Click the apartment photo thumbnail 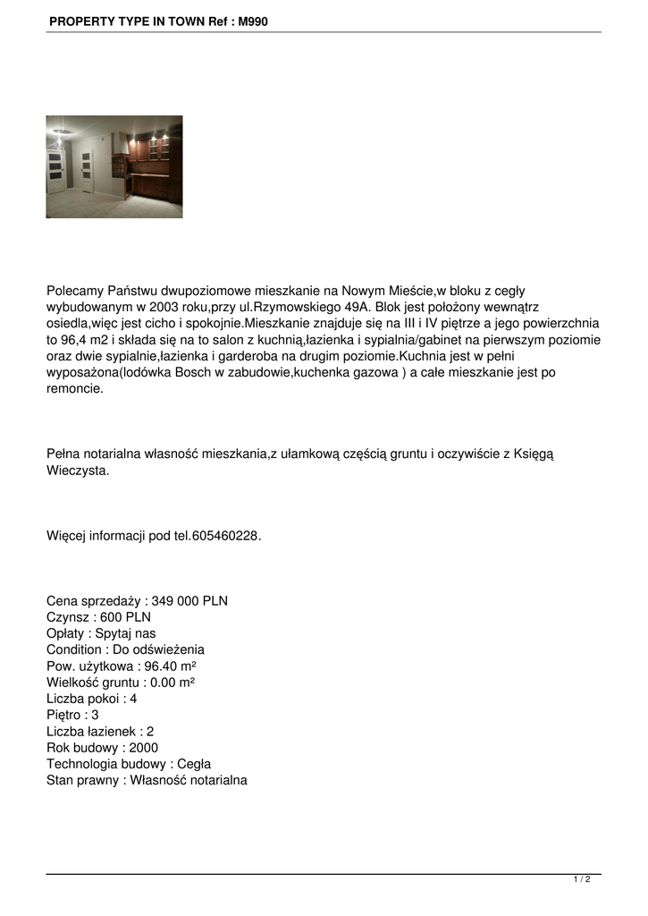click(114, 166)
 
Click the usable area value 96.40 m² click(170, 666)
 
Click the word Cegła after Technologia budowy click(194, 764)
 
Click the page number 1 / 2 click(582, 880)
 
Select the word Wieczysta click(78, 471)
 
